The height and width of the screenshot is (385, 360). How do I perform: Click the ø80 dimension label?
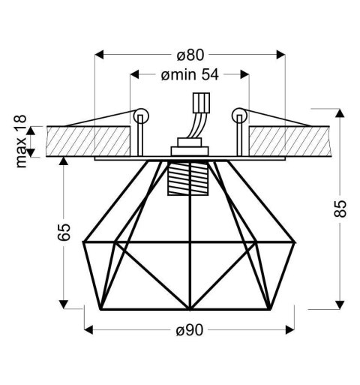tap(190, 55)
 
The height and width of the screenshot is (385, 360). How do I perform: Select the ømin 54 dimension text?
tap(189, 75)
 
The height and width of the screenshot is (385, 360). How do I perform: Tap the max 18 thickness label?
tap(22, 142)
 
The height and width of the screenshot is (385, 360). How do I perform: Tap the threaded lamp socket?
tap(190, 178)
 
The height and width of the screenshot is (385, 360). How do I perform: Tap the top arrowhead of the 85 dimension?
tap(339, 114)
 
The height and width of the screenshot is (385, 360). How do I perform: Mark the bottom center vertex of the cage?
tap(189, 308)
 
